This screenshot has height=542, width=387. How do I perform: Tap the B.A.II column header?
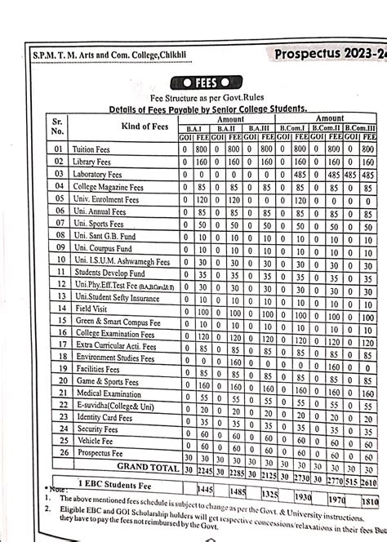[x=222, y=129]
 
